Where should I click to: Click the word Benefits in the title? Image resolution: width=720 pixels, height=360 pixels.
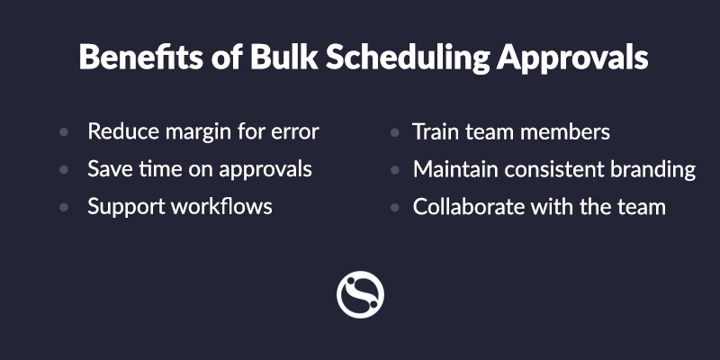point(140,57)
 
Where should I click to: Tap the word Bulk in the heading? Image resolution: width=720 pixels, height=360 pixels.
point(283,57)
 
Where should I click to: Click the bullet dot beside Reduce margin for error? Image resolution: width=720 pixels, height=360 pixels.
point(64,132)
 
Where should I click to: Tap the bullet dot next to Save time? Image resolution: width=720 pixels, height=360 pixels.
point(64,170)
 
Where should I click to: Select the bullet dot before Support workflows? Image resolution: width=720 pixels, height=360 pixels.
point(64,207)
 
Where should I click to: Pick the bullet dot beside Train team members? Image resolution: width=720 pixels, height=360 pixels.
point(394,132)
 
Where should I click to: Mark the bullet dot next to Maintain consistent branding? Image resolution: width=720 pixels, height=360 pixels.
point(394,170)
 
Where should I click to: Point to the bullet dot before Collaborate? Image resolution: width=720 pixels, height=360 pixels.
point(394,207)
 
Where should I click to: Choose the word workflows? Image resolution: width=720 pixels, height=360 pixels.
point(221,206)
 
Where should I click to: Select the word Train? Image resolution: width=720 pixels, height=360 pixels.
point(436,131)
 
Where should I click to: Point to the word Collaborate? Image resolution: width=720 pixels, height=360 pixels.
point(469,206)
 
